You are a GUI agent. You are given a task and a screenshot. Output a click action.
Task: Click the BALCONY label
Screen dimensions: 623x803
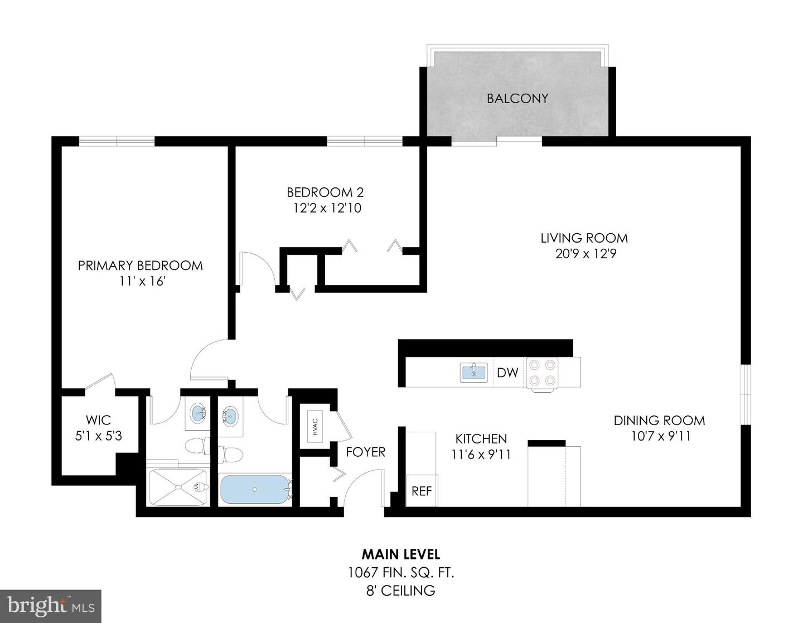[x=517, y=99]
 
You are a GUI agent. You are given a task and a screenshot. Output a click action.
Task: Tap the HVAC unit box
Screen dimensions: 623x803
[x=315, y=427]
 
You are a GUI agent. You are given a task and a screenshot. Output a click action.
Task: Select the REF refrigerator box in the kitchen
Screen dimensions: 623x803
[x=422, y=491]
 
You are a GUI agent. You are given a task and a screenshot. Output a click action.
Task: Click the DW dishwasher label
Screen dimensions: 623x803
[x=507, y=373]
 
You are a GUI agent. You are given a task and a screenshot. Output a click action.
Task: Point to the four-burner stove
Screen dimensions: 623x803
[x=543, y=373]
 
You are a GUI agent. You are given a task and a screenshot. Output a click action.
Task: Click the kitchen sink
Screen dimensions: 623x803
[x=473, y=372]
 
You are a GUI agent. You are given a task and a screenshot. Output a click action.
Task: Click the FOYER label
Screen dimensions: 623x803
[x=365, y=452]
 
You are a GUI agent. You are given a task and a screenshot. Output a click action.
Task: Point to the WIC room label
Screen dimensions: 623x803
[x=98, y=420]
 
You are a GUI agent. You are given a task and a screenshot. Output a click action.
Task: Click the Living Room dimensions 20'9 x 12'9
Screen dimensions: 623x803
[x=585, y=254]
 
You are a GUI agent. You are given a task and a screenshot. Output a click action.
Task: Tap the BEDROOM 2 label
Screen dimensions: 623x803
[x=325, y=192]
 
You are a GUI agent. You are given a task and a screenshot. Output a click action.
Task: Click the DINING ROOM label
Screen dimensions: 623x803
[x=659, y=421]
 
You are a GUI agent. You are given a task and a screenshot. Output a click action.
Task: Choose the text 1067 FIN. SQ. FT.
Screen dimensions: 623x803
[x=401, y=573]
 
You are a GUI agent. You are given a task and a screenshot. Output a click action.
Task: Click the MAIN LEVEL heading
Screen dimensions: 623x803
[x=401, y=554]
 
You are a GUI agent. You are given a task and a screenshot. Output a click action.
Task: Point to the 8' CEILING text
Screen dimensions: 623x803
[x=401, y=591]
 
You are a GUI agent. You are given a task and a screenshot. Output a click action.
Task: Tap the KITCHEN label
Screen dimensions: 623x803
[x=481, y=439]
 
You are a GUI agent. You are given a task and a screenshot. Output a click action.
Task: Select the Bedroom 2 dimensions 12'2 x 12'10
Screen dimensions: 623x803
[x=327, y=209]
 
